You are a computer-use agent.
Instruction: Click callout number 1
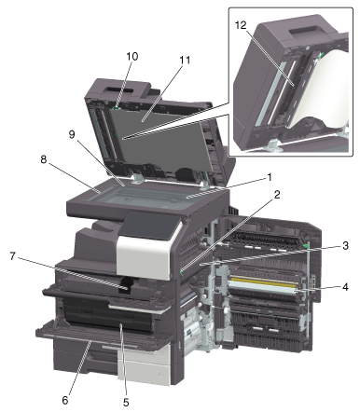coord(270,177)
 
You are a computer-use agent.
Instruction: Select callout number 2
coord(277,195)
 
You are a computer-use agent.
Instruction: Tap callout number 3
coord(345,245)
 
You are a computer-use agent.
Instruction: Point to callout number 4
coord(345,286)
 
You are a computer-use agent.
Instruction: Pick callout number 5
coord(126,403)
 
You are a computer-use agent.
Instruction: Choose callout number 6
coord(64,400)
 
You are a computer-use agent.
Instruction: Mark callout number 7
coord(12,256)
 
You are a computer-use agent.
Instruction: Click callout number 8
coord(43,159)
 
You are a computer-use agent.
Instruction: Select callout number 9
coord(72,135)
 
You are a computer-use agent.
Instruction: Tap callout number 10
coord(132,57)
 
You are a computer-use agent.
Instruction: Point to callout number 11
coord(185,60)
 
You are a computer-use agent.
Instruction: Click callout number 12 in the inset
coord(241,25)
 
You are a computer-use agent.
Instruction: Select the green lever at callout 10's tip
coord(116,107)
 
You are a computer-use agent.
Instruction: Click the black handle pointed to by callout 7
coord(128,284)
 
